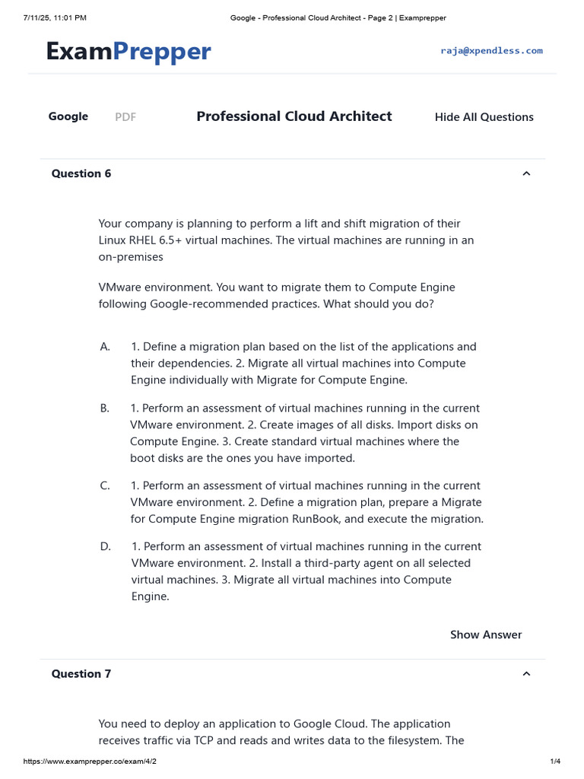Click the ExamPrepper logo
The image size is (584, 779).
[128, 51]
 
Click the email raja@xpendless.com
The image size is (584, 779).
[491, 51]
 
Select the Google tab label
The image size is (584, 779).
[68, 116]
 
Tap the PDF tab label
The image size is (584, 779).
[125, 117]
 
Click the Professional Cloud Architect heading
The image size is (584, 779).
[294, 116]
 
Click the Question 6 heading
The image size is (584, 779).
[81, 173]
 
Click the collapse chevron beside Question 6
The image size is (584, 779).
[526, 173]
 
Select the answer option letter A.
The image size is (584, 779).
[105, 347]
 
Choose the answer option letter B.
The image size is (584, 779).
[105, 409]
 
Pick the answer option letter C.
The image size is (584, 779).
[105, 486]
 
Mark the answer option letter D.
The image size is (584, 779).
[106, 547]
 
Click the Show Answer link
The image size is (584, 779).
[486, 634]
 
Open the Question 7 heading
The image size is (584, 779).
[81, 674]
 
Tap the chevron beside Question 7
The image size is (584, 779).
[526, 674]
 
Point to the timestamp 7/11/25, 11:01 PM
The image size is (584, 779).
[55, 17]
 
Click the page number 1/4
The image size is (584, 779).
[555, 762]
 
